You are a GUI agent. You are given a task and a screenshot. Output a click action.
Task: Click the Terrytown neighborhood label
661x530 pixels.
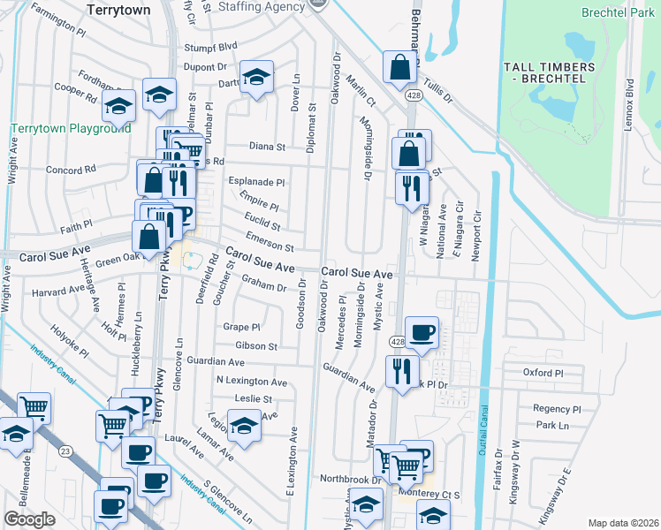pyautogui.click(x=119, y=9)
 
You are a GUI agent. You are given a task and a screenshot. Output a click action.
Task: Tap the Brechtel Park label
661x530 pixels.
pyautogui.click(x=619, y=12)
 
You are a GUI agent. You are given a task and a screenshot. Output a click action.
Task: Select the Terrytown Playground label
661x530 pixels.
pyautogui.click(x=71, y=128)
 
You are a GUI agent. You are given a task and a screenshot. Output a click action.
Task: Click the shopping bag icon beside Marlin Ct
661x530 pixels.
pyautogui.click(x=399, y=65)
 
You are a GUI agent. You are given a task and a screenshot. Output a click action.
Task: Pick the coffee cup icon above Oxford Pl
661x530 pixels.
pyautogui.click(x=421, y=331)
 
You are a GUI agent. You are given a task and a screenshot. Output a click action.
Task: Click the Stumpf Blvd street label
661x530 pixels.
pyautogui.click(x=210, y=46)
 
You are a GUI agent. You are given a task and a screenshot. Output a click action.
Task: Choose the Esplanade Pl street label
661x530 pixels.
pyautogui.click(x=257, y=182)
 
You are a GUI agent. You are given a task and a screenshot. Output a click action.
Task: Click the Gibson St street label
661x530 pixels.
pyautogui.click(x=256, y=346)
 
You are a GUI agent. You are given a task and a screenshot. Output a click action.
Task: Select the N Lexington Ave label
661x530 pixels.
pyautogui.click(x=252, y=382)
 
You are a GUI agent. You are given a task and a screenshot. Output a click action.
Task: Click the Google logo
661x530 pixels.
pyautogui.click(x=29, y=519)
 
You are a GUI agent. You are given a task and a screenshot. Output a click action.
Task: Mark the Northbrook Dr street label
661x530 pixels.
pyautogui.click(x=350, y=480)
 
